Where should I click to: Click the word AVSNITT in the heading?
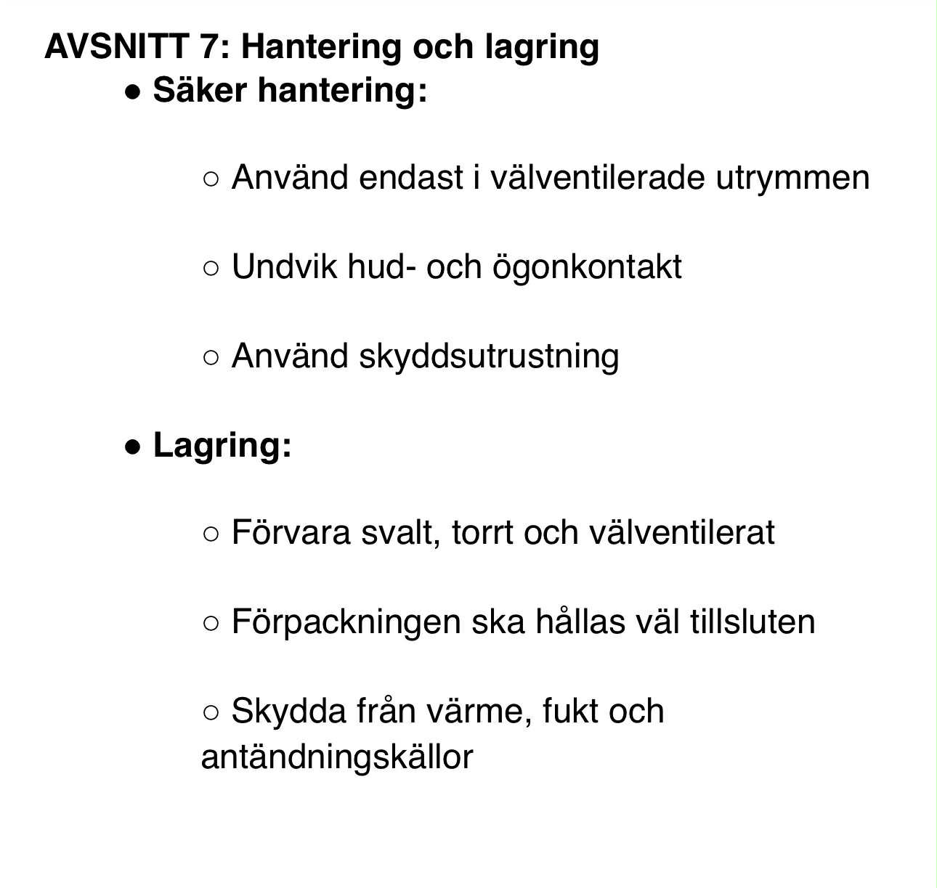point(116,47)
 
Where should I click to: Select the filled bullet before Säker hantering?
point(132,92)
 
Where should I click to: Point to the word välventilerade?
point(597,178)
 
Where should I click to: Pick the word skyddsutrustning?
point(488,357)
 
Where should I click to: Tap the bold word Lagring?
point(222,446)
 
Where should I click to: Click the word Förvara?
point(291,533)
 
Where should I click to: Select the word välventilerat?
point(681,533)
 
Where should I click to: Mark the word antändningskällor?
point(337,758)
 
